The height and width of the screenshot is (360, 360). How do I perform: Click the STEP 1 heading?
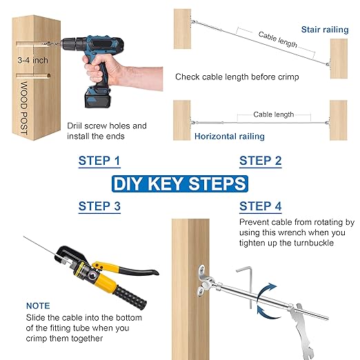99,161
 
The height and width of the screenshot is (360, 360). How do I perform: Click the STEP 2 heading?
260,161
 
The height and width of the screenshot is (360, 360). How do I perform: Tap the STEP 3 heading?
99,206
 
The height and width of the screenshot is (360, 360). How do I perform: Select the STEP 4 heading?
260,206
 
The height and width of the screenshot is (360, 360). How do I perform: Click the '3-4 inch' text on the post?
33,60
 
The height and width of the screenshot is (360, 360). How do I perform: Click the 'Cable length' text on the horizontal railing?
273,114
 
